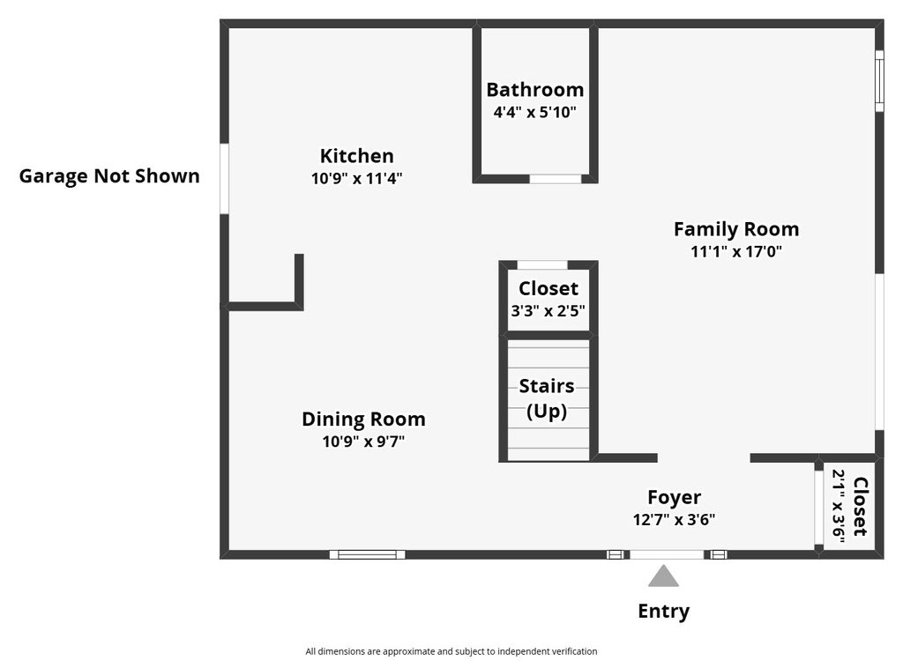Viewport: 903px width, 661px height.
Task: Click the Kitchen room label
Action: pos(356,156)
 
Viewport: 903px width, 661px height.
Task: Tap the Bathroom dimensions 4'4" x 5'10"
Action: pos(534,112)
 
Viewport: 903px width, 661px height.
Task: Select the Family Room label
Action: pos(736,229)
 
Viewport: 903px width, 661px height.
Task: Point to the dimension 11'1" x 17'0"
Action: pos(736,251)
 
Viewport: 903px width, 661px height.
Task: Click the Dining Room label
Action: pos(363,420)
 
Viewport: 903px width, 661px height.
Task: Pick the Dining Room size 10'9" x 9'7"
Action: pos(363,442)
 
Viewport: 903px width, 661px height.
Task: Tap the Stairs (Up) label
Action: pos(547,398)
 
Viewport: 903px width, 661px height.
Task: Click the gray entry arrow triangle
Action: pos(663,576)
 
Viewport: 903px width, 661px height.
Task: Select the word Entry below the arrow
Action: pos(663,612)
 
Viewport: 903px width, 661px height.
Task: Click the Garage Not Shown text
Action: pos(109,176)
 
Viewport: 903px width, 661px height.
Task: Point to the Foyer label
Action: pos(674,497)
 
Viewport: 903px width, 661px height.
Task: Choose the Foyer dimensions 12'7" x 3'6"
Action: pos(674,520)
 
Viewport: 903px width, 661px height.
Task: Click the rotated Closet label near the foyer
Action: pos(860,506)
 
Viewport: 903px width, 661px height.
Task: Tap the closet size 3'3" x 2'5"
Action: pos(548,311)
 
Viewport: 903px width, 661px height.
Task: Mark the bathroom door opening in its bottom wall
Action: pos(556,179)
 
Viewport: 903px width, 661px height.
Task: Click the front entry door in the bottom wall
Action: pos(667,554)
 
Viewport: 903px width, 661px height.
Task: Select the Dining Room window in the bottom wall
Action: pos(368,554)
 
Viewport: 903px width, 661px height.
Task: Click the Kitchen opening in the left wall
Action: pos(225,179)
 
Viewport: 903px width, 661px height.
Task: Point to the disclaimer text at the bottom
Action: pos(451,651)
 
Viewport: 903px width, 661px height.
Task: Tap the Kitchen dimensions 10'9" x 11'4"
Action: pos(356,179)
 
